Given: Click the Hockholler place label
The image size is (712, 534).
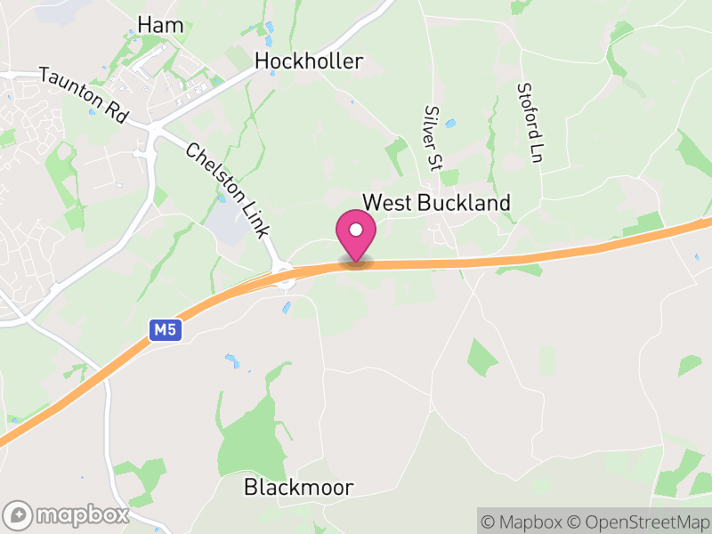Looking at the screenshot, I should (x=309, y=61).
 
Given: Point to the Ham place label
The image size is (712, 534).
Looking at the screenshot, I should (x=161, y=25).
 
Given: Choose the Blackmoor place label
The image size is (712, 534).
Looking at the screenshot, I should (x=298, y=487).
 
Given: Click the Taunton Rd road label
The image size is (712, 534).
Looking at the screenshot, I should (x=84, y=95).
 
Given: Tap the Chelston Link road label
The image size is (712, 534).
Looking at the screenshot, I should (x=227, y=190).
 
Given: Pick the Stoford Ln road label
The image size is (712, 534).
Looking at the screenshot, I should (x=530, y=123).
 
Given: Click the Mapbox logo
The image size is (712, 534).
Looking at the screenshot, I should (x=67, y=514).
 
